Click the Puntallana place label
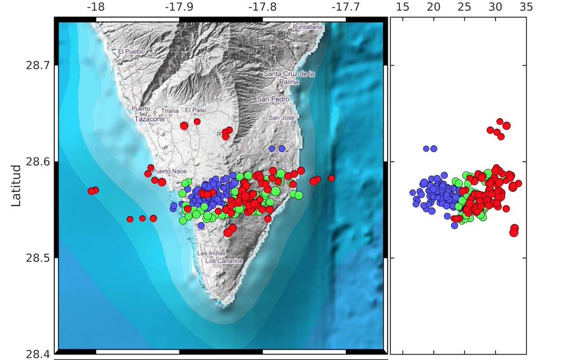(307, 27)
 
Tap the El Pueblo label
(131, 51)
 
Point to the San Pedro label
(273, 99)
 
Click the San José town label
(281, 118)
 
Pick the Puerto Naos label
(169, 171)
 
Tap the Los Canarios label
(224, 261)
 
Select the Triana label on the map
(170, 111)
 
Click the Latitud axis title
(16, 185)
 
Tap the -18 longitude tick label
(95, 8)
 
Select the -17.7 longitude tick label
(345, 8)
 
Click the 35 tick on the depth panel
(526, 8)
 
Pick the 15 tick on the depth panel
(402, 8)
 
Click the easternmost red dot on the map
(331, 178)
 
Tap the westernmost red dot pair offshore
(93, 191)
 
